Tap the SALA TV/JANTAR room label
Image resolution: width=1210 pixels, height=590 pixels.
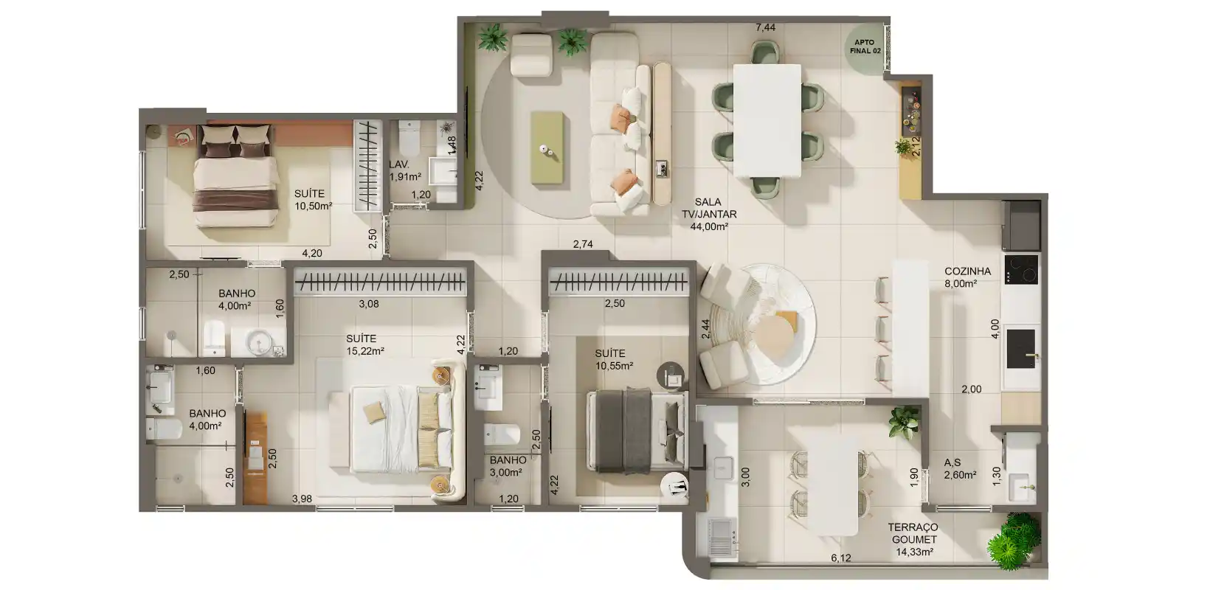click(709, 215)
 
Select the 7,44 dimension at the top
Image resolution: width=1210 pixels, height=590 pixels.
click(765, 27)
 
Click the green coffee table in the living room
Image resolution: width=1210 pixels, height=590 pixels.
click(547, 148)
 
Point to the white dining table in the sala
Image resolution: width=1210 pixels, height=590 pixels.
click(767, 120)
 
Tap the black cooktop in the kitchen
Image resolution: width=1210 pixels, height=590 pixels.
click(1021, 269)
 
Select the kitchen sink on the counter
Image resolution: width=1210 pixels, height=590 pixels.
click(1021, 349)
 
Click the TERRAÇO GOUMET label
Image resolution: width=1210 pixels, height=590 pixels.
click(913, 532)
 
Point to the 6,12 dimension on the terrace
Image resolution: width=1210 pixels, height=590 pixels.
click(841, 558)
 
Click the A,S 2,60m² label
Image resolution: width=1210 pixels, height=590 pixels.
click(960, 468)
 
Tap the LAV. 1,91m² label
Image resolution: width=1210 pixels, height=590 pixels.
click(404, 170)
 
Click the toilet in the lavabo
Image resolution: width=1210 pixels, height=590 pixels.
click(409, 138)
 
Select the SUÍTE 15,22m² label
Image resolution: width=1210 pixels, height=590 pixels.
click(365, 345)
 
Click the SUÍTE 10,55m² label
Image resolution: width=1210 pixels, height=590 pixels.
click(614, 359)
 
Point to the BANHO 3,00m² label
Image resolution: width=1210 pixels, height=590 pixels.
click(508, 466)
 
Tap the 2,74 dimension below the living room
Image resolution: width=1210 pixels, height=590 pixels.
click(583, 245)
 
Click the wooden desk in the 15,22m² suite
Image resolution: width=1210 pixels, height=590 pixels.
click(255, 458)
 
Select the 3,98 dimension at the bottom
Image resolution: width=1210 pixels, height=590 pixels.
click(302, 499)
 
